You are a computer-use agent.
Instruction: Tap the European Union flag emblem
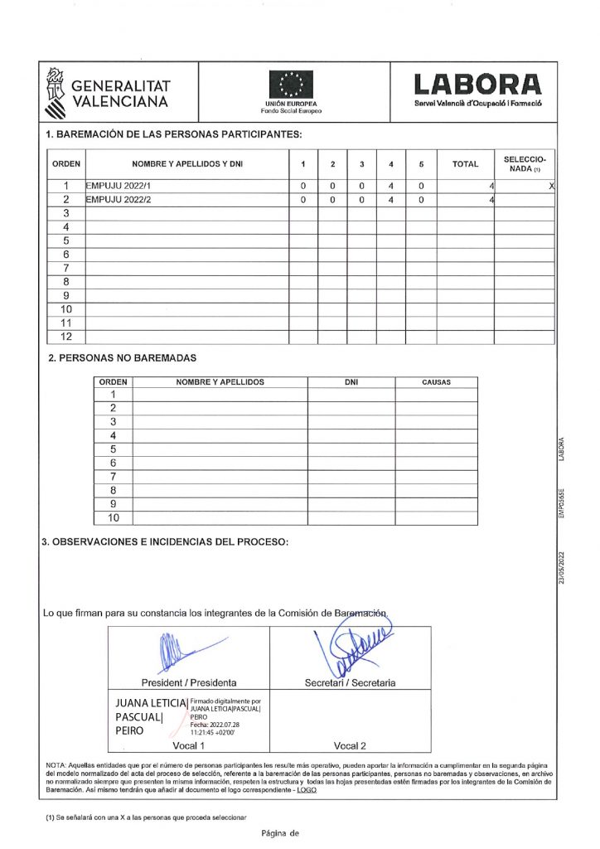pyautogui.click(x=291, y=85)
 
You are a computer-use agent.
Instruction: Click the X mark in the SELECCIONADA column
pyautogui.click(x=551, y=186)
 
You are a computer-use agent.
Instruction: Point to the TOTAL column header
pyautogui.click(x=465, y=164)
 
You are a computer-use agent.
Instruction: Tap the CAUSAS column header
pyautogui.click(x=436, y=382)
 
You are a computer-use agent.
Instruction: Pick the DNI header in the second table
pyautogui.click(x=351, y=382)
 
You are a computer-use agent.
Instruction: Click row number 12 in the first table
pyautogui.click(x=69, y=337)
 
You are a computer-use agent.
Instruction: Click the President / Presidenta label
pyautogui.click(x=189, y=683)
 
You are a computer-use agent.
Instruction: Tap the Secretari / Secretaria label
pyautogui.click(x=350, y=683)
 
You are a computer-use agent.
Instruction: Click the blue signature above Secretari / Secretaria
pyautogui.click(x=352, y=651)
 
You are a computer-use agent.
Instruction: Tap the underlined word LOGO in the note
pyautogui.click(x=307, y=790)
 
